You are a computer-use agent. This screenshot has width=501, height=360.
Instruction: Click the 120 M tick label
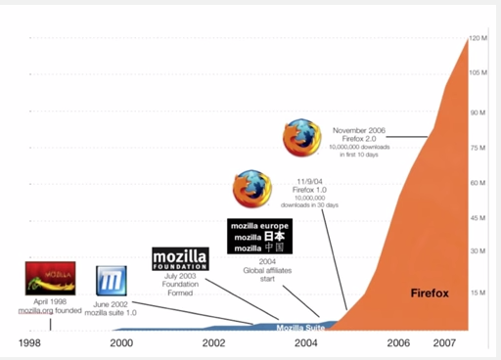coord(478,38)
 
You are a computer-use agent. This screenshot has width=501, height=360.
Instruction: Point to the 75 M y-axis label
coord(478,148)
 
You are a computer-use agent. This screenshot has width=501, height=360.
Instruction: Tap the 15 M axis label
coord(478,292)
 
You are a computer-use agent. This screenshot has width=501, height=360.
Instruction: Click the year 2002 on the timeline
coord(216,343)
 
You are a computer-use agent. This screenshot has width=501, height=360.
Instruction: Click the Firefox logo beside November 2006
coord(302,138)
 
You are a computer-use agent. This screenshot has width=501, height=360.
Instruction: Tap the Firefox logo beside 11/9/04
coord(252,189)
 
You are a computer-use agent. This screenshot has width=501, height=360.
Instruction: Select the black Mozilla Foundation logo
coord(181,258)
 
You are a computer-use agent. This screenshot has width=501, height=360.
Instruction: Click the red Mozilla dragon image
coord(51,278)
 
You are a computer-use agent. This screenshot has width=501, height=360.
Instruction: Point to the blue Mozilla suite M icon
coord(111,281)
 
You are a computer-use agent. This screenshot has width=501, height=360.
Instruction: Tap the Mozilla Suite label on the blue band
coord(301,328)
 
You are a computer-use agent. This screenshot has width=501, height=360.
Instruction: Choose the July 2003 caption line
coord(181,277)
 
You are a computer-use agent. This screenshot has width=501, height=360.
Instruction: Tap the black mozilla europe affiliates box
coord(259,236)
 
